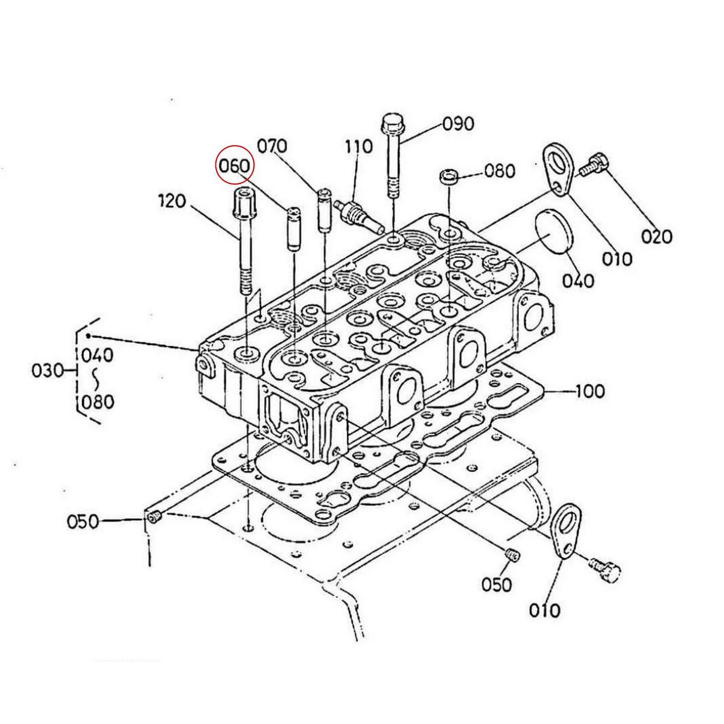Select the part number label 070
pos(272,146)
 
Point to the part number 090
pos(459,124)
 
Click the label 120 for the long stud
pos(171,200)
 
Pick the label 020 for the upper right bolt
pos(656,236)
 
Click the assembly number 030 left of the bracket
pos(48,370)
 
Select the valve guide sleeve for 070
pos(325,209)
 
